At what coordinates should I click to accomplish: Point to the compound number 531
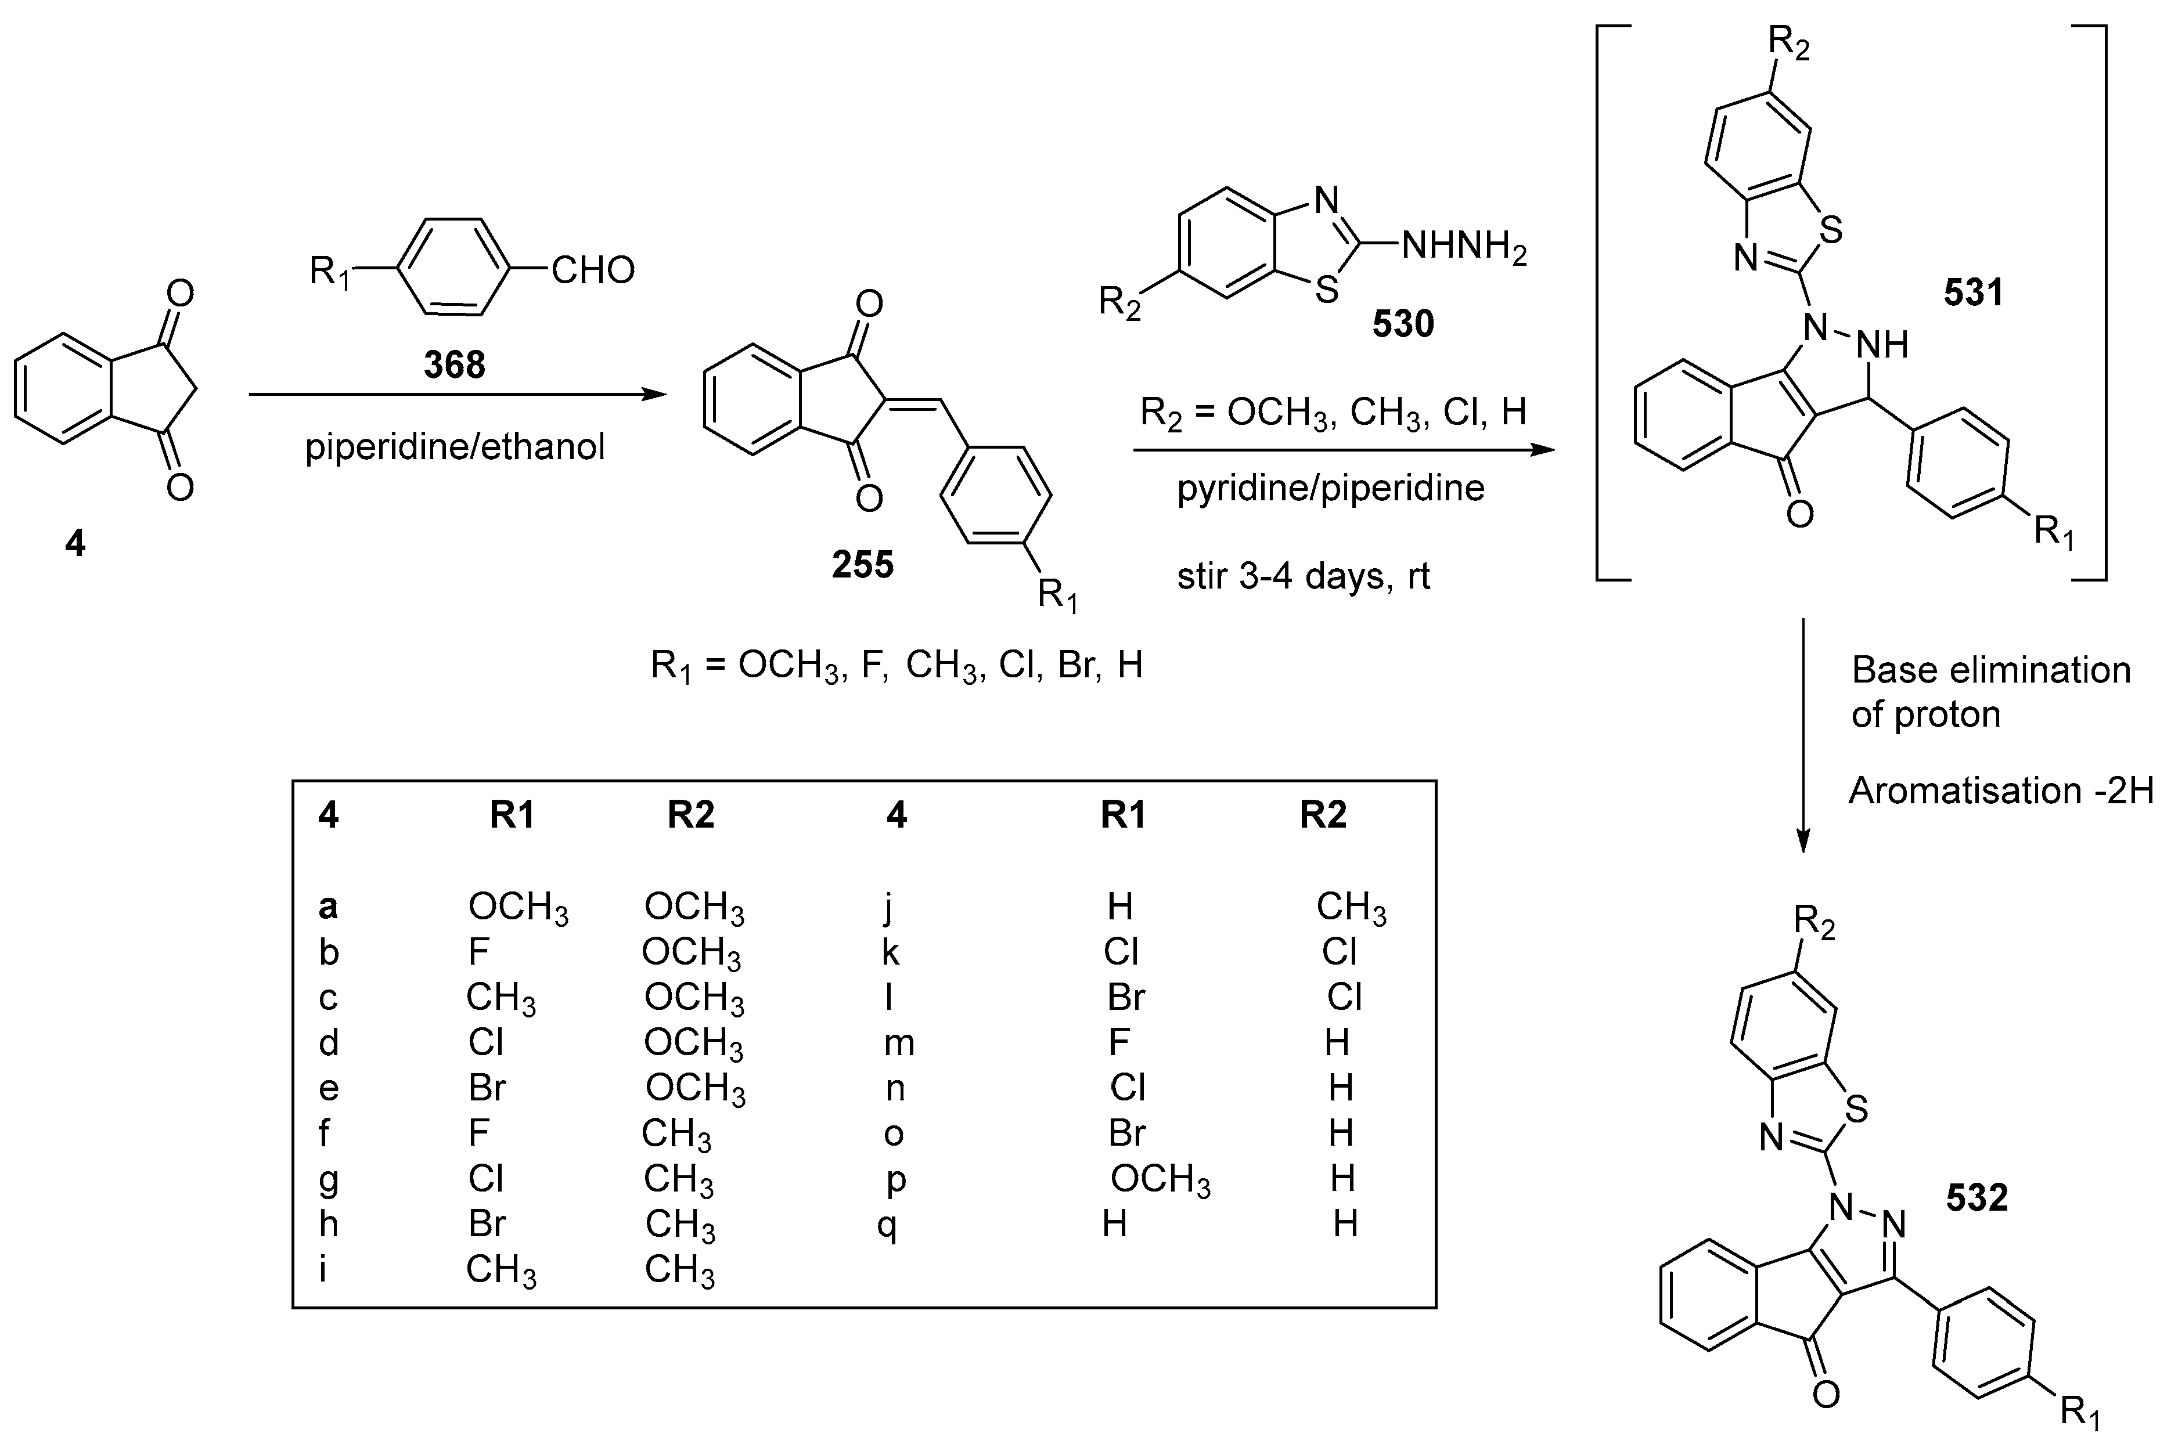coord(1973,293)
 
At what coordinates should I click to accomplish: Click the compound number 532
coord(1976,1197)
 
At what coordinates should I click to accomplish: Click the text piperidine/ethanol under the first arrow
coord(455,447)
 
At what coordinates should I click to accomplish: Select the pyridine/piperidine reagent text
coord(1330,488)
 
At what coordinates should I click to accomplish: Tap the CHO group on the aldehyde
coord(593,270)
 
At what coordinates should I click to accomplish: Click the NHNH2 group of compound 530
coord(1464,248)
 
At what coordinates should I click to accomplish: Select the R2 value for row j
coord(1351,907)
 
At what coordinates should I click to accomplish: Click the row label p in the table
coord(895,1180)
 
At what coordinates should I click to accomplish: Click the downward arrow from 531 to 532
coord(1803,737)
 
